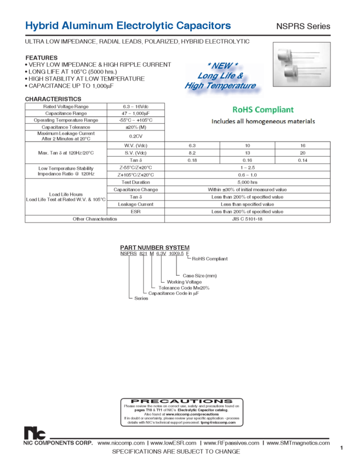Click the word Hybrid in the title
coord(41,26)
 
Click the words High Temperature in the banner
coord(220,86)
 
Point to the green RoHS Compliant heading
coord(263,110)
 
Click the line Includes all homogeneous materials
coord(263,121)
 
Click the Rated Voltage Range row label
coord(66,106)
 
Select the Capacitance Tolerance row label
coord(66,127)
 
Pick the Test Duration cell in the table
coord(136,182)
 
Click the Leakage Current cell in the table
coord(136,203)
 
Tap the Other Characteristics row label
coord(95,219)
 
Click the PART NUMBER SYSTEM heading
coord(155,247)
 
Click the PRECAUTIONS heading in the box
coord(181,401)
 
